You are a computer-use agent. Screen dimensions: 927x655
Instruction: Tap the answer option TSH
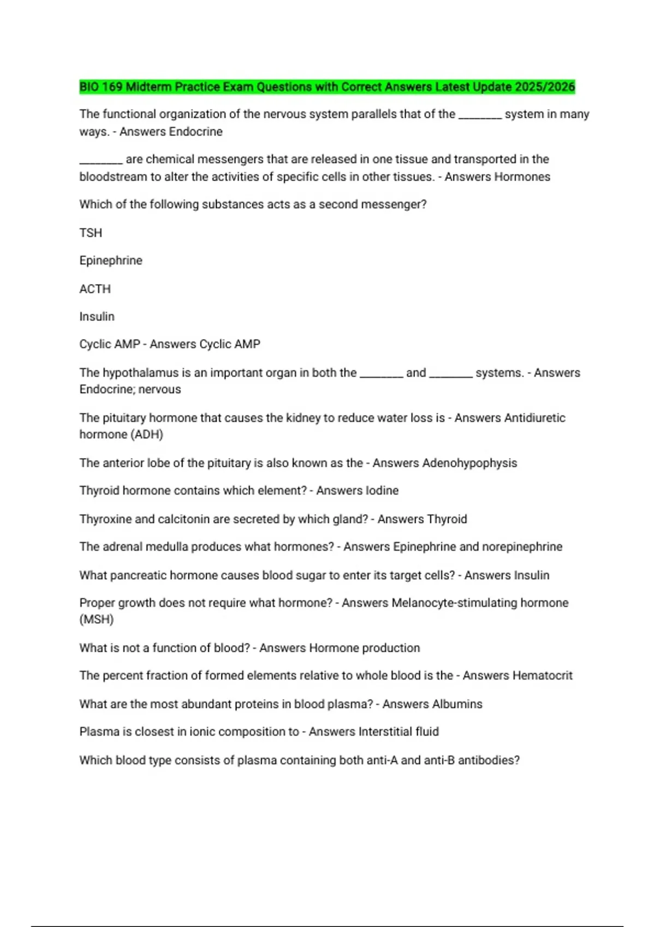click(91, 233)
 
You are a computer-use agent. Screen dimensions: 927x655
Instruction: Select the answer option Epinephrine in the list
click(111, 261)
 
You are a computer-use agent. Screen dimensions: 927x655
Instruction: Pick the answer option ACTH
click(95, 289)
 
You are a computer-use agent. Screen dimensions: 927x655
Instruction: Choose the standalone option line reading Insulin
click(97, 317)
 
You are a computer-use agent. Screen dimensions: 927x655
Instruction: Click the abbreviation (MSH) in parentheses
click(97, 619)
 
